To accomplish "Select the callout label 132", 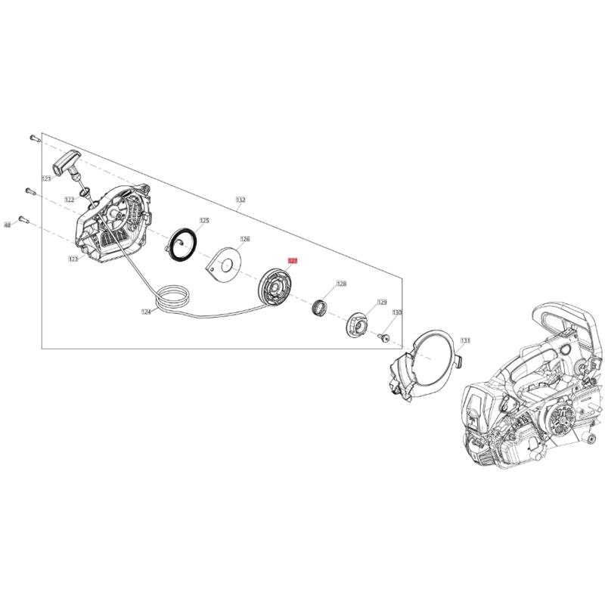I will tap(240, 200).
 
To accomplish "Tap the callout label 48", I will tap(8, 225).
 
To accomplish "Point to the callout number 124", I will tap(146, 311).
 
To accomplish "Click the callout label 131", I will tap(465, 341).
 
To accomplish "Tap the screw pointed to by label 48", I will tap(23, 219).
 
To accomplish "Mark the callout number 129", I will tap(382, 301).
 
